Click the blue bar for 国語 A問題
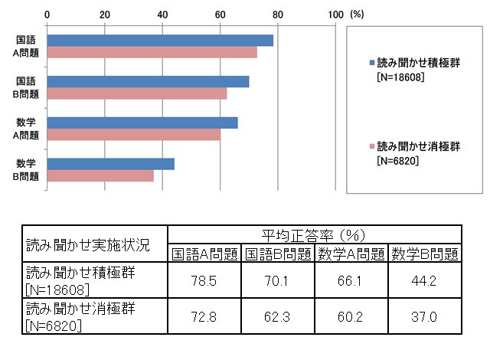[x=160, y=41]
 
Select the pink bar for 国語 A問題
[x=152, y=53]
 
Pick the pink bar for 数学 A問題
[x=134, y=135]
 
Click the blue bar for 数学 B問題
[x=111, y=164]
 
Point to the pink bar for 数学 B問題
[x=100, y=176]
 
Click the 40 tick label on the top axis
[x=162, y=14]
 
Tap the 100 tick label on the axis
[x=335, y=14]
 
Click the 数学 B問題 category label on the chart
[x=27, y=170]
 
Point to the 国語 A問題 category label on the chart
[x=27, y=47]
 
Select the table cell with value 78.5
[x=204, y=281]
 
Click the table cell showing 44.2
[x=424, y=281]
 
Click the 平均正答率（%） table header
[x=314, y=234]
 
